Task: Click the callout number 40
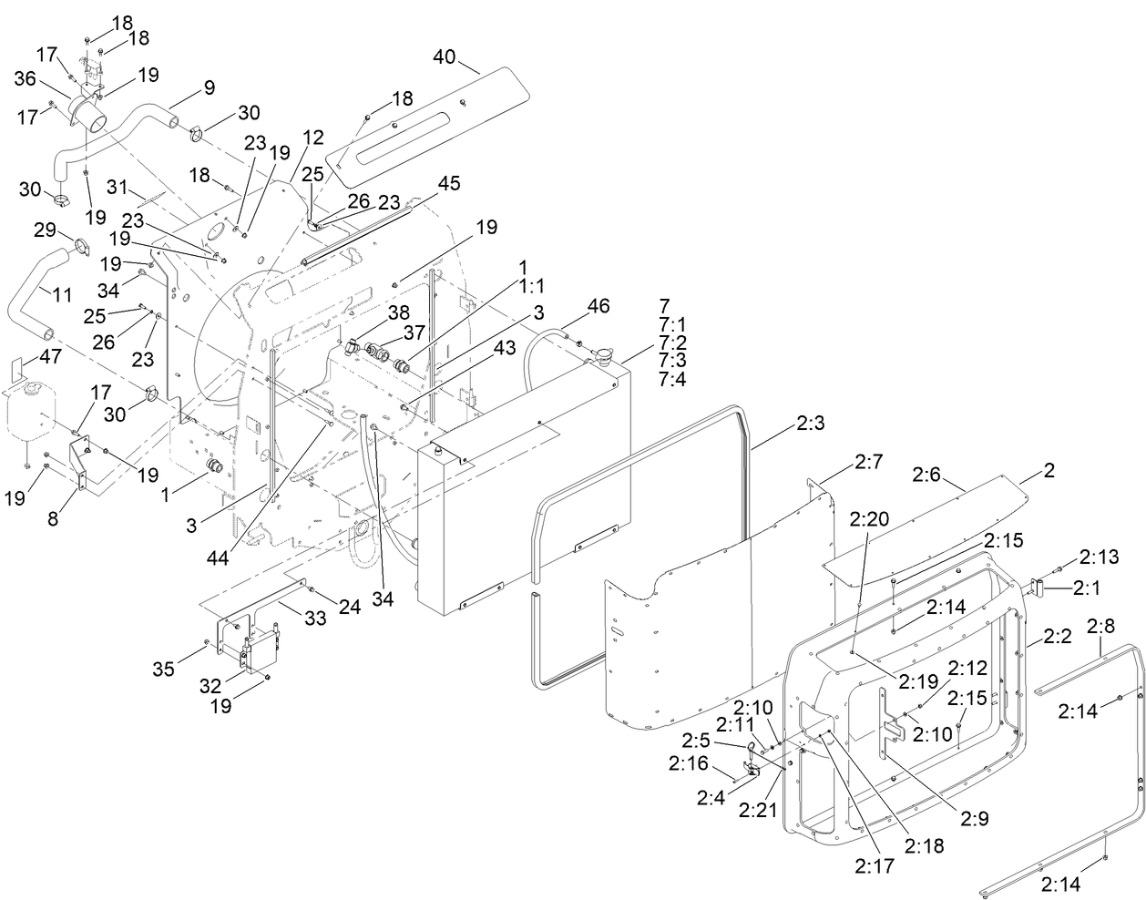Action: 444,56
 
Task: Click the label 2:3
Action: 810,424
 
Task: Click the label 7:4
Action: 673,380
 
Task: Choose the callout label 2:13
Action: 1098,556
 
